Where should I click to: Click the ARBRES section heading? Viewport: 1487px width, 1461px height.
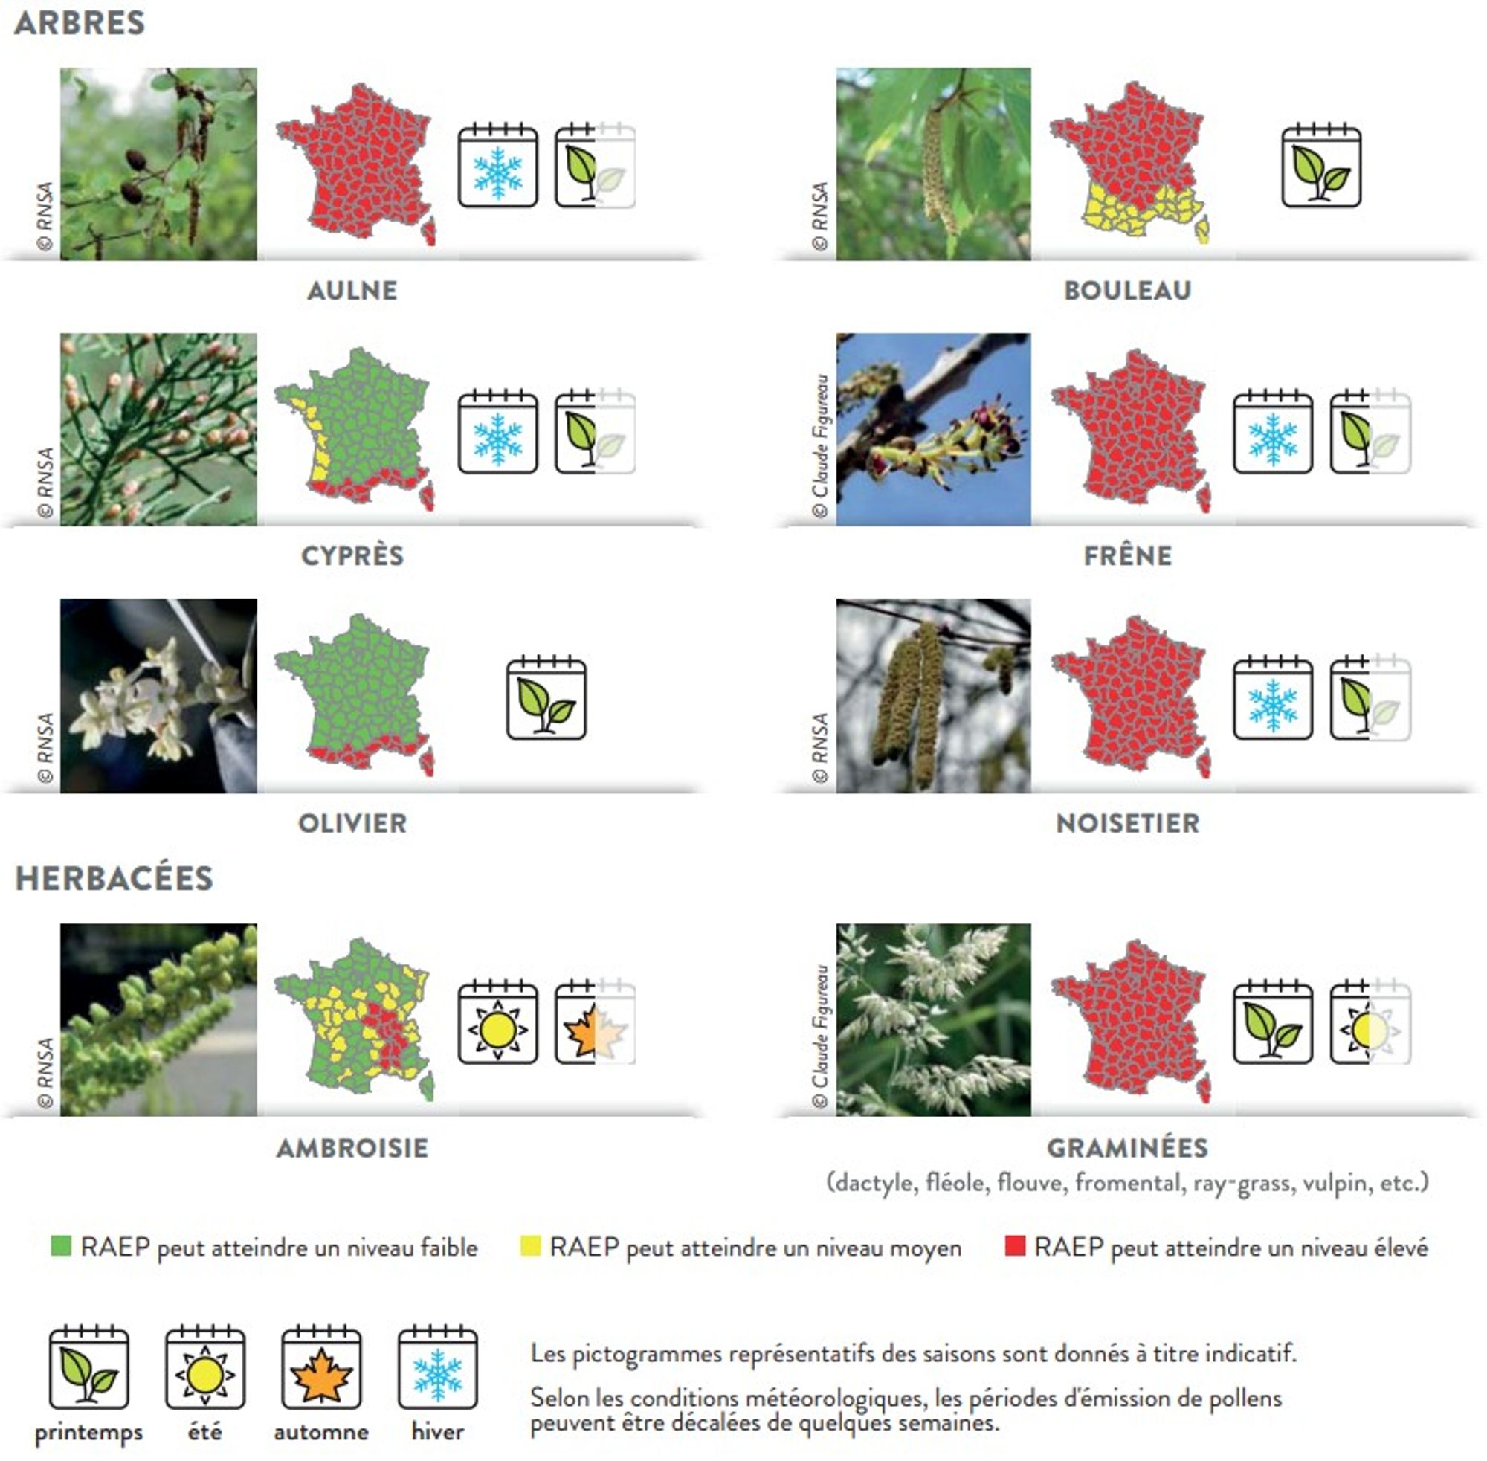[x=80, y=23]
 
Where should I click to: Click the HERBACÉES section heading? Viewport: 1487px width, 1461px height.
[x=114, y=879]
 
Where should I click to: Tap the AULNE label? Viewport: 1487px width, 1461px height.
[x=352, y=290]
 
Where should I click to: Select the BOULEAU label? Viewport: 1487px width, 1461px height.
[x=1127, y=290]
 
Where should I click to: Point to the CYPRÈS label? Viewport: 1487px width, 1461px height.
[x=352, y=555]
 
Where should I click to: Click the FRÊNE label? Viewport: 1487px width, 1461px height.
[x=1128, y=555]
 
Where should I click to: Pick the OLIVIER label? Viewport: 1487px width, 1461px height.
[x=352, y=822]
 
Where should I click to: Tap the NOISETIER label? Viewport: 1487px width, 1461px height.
[x=1127, y=822]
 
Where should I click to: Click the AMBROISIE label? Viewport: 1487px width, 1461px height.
[x=352, y=1148]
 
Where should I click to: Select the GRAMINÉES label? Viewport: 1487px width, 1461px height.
[x=1127, y=1147]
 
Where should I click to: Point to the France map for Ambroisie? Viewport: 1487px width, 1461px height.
[x=355, y=1019]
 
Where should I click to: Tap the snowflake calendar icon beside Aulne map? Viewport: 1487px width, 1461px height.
[x=498, y=166]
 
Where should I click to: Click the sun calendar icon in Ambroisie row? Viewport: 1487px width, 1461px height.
[x=498, y=1022]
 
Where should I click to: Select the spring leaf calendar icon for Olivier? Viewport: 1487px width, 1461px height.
[x=546, y=697]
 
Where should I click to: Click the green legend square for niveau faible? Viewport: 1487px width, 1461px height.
[x=61, y=1246]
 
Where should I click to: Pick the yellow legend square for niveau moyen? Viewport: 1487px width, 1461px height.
[x=530, y=1246]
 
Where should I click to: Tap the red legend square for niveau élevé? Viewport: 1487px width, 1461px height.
[x=1015, y=1246]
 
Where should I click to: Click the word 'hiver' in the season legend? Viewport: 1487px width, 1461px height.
[x=437, y=1432]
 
